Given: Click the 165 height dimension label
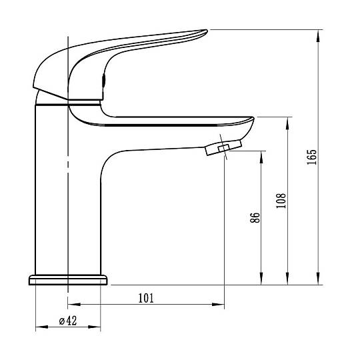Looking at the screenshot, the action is click(312, 157).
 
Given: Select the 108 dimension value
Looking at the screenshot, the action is click(281, 201).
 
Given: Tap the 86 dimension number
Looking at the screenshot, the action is click(255, 217).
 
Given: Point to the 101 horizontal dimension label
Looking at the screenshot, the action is click(146, 298).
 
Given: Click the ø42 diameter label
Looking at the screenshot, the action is click(68, 321).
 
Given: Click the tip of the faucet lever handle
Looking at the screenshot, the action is click(207, 31).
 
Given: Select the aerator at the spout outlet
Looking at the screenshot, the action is click(223, 147).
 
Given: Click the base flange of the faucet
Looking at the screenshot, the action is click(68, 280).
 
